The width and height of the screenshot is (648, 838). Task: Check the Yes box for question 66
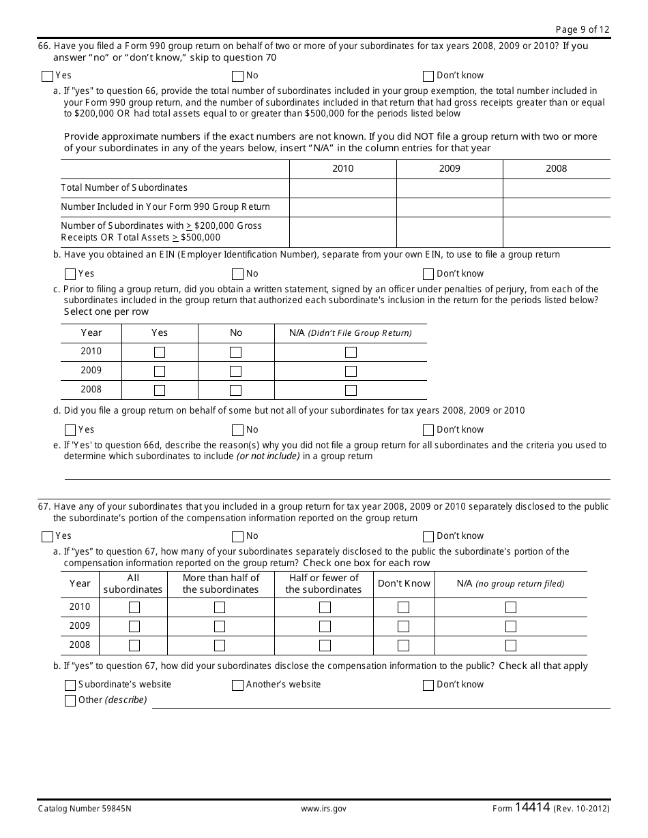click(x=47, y=76)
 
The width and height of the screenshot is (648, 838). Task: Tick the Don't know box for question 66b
click(x=428, y=275)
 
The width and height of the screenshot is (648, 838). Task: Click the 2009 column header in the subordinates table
click(x=450, y=169)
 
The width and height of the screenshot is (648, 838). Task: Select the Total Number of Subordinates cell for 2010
click(x=342, y=188)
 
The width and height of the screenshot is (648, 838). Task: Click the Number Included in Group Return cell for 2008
click(x=556, y=207)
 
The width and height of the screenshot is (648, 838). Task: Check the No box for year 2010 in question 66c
click(x=236, y=352)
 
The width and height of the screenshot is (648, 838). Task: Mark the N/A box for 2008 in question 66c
click(x=351, y=390)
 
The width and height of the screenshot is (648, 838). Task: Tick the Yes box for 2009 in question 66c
click(x=160, y=371)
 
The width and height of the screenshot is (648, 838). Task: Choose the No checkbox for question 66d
click(x=237, y=431)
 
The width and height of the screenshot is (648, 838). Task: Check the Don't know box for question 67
click(x=428, y=537)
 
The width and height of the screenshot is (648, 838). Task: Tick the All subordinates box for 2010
click(x=134, y=607)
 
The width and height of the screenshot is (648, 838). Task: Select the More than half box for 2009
click(x=220, y=626)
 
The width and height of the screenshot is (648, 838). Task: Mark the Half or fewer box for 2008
click(x=325, y=645)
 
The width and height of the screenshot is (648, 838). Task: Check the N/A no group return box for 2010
click(x=511, y=607)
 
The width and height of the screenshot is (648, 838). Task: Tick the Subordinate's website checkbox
click(x=70, y=685)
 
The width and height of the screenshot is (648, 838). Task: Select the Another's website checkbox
click(x=237, y=685)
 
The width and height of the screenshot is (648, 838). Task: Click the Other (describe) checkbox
click(x=70, y=701)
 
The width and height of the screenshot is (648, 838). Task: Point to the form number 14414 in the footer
click(x=532, y=808)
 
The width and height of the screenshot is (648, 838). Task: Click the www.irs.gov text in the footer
click(x=323, y=809)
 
